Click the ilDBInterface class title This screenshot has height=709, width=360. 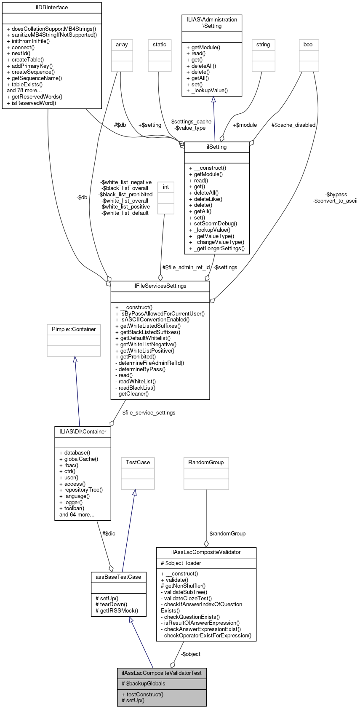[52, 8]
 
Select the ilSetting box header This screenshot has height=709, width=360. [217, 147]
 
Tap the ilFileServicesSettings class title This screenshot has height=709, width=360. [160, 286]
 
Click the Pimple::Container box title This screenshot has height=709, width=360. [74, 329]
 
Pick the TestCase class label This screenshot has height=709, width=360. [138, 463]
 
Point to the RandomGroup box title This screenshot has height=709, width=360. [206, 463]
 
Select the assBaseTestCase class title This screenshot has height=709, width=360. [118, 577]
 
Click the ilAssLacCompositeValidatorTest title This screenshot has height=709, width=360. [162, 673]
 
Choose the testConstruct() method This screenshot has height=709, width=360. [142, 694]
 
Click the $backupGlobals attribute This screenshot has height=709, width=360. [143, 683]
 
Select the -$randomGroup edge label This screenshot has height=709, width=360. [227, 533]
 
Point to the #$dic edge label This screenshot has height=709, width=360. [109, 533]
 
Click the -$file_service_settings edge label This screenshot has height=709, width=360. [148, 412]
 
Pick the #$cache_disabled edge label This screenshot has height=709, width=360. [293, 125]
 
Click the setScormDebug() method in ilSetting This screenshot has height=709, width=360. [213, 224]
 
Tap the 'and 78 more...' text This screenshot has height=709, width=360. [24, 90]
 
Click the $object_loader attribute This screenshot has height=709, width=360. [181, 563]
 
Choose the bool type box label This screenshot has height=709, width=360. [309, 45]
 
